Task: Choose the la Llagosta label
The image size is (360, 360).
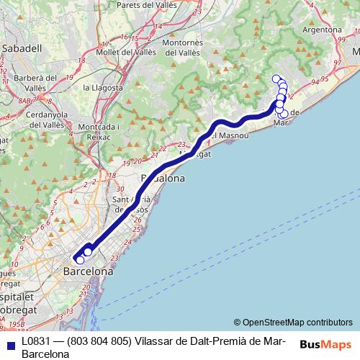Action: (105, 87)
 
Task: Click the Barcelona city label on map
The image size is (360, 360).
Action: (89, 272)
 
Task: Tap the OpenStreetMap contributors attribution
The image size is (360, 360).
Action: (293, 322)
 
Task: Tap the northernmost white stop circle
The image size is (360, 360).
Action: (275, 78)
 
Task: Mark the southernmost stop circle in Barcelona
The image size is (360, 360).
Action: (80, 260)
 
